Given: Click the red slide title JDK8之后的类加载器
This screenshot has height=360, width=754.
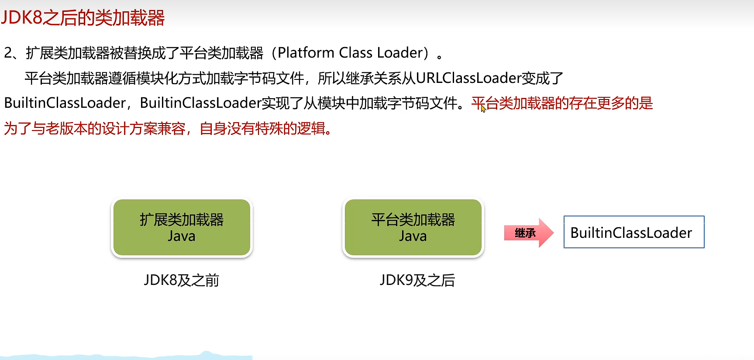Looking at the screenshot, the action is tap(83, 18).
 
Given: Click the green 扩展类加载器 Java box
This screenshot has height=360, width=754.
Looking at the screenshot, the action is tap(182, 227).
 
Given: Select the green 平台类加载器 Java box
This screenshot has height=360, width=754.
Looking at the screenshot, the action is tap(413, 227).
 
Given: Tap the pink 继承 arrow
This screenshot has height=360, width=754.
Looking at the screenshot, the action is tap(528, 233).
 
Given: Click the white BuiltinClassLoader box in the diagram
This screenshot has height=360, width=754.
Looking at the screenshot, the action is tap(633, 232).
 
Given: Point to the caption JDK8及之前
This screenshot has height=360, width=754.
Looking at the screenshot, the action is tap(182, 280).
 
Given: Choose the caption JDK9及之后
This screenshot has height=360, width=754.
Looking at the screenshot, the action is tap(417, 280).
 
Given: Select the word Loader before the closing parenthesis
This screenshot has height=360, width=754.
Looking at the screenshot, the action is tap(400, 53).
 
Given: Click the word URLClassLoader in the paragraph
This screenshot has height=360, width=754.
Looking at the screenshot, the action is tap(468, 78).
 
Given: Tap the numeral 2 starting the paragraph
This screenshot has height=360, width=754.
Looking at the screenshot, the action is tap(8, 53).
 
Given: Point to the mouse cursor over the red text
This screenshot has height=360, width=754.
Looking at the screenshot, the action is tap(483, 109).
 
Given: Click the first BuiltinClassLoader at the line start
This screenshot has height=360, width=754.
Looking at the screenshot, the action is tap(65, 103).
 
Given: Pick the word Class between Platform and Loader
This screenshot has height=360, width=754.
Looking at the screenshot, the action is tap(355, 53).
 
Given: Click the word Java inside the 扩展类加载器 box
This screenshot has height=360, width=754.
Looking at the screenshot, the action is tap(182, 237).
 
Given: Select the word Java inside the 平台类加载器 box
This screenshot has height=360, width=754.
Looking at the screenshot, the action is tap(413, 237).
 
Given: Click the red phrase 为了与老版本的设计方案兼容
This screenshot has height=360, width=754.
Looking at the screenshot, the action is tap(95, 129).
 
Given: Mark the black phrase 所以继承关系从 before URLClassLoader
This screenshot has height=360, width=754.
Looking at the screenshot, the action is tap(366, 78).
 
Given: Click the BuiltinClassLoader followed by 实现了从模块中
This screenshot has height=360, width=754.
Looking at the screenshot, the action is tap(200, 103).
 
